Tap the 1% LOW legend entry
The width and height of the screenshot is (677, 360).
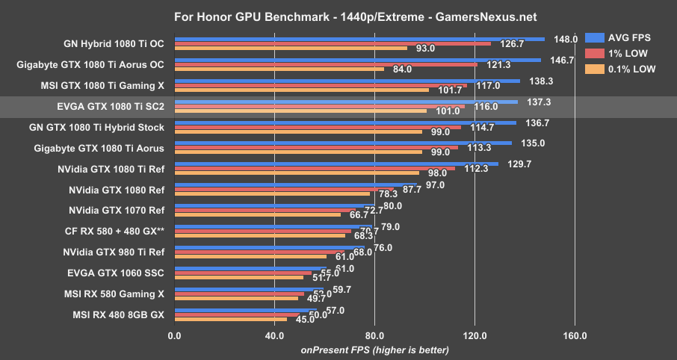pyautogui.click(x=628, y=54)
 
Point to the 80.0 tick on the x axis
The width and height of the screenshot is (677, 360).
pyautogui.click(x=374, y=336)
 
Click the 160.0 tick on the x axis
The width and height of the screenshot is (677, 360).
pyautogui.click(x=575, y=336)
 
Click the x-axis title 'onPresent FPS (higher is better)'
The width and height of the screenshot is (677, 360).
pyautogui.click(x=374, y=350)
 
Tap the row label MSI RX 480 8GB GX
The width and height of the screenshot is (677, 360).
pyautogui.click(x=118, y=314)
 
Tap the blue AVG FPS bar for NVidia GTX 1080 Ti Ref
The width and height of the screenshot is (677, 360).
pyautogui.click(x=336, y=164)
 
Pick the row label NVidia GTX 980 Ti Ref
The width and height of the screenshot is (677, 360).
pyautogui.click(x=114, y=252)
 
